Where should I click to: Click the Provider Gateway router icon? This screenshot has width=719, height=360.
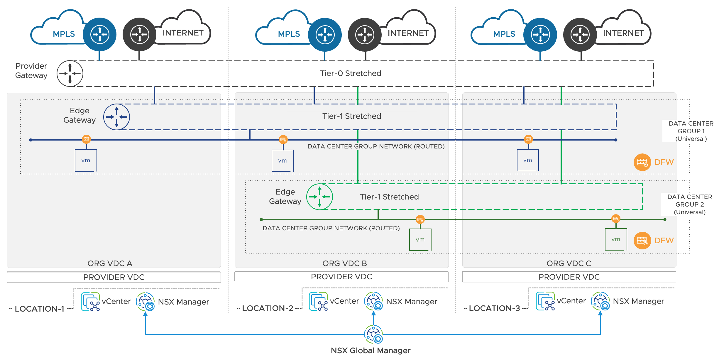pos(70,73)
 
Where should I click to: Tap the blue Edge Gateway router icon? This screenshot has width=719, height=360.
pos(116,117)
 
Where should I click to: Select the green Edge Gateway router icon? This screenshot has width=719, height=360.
pos(319,197)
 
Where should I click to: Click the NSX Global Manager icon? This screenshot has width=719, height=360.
pos(373,334)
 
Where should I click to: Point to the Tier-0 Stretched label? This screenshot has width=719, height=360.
pos(351,73)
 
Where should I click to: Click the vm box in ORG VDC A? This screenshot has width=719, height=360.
pos(86,160)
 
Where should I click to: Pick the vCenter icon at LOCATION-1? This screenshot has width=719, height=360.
pos(90,302)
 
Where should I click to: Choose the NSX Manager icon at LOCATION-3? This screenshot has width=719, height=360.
pos(600,301)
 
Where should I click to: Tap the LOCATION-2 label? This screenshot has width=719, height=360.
pos(268,308)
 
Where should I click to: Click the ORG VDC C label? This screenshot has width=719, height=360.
pos(569,263)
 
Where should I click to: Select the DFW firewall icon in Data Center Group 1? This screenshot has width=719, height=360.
pos(642,162)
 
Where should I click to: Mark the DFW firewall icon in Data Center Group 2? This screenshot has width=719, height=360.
pos(642,241)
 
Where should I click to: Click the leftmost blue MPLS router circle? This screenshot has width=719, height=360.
pos(100,35)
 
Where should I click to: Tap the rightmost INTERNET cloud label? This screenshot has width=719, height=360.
pos(623,33)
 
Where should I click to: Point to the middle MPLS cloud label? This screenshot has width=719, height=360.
pos(289,34)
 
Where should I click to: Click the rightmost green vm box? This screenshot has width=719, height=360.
pos(616,239)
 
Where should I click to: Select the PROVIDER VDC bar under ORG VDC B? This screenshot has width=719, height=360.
pos(341,277)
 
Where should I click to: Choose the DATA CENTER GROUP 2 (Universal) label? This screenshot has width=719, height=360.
pos(690,204)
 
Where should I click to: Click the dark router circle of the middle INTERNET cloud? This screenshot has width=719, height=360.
pos(365,35)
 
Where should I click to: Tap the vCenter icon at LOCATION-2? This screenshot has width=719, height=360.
pos(318,301)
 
